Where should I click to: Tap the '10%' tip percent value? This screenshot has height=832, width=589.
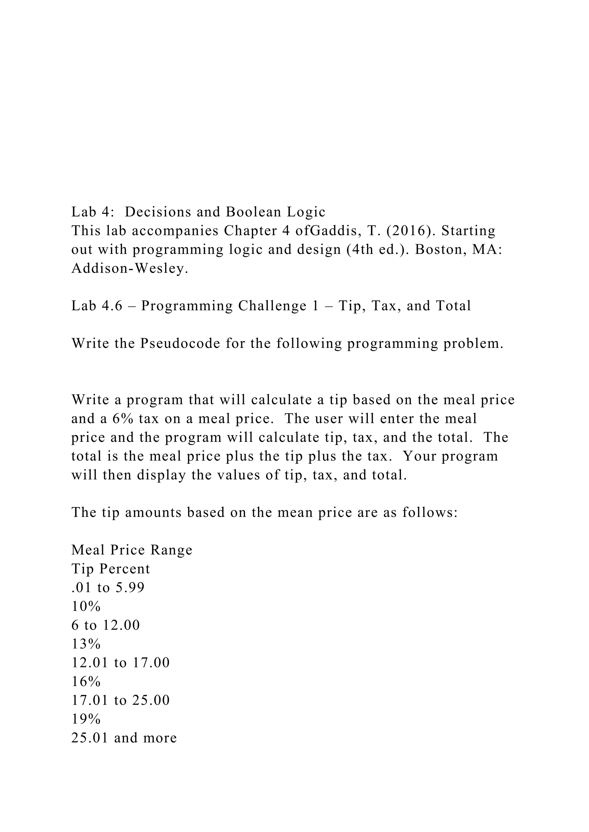[x=86, y=606]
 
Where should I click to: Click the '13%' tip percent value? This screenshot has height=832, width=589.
[x=86, y=644]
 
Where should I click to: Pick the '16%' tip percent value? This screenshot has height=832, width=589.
[x=86, y=682]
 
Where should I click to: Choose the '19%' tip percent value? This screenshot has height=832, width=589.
[x=86, y=719]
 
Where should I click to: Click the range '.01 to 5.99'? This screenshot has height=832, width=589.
[x=108, y=588]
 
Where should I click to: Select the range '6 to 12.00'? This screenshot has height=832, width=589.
[x=106, y=625]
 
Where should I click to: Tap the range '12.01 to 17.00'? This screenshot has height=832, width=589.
[x=121, y=663]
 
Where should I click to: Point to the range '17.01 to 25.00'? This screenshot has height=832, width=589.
[x=121, y=700]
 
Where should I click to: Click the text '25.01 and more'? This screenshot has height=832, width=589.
[x=124, y=738]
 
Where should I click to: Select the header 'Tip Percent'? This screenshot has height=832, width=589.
[x=111, y=569]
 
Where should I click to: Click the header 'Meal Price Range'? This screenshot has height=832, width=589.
[x=132, y=550]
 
